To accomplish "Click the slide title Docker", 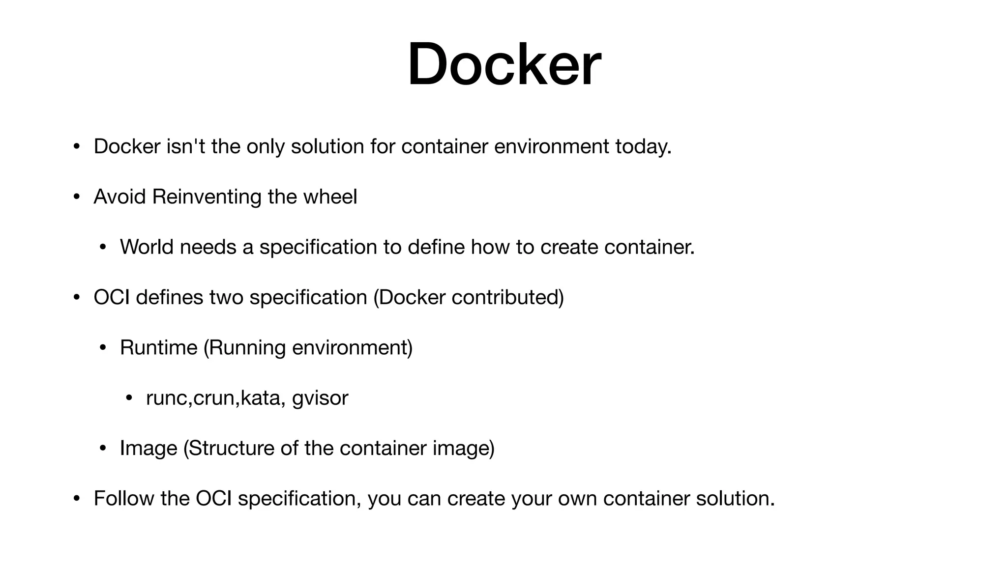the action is click(x=504, y=65).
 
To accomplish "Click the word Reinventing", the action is click(x=207, y=197).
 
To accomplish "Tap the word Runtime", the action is click(x=158, y=347).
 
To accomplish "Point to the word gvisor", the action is click(x=320, y=398).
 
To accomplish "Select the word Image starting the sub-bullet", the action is click(x=148, y=448).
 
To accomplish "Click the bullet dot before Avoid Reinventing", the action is click(x=76, y=197).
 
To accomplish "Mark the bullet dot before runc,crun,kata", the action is click(x=129, y=398).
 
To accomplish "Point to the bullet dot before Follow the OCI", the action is click(x=76, y=499).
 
